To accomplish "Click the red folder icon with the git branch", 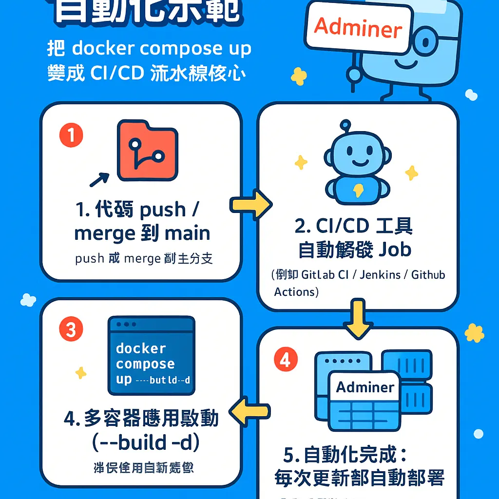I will [x=147, y=151].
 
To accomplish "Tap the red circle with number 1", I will [x=71, y=135].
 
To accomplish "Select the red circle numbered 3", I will [x=71, y=330].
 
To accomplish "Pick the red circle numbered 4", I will [x=285, y=360].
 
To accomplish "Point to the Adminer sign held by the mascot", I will [x=358, y=28].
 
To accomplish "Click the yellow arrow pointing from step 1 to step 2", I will [x=250, y=205].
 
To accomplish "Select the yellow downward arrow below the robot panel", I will [x=358, y=319].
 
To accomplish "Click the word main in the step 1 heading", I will [x=187, y=233].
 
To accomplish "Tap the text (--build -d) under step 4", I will [x=142, y=442].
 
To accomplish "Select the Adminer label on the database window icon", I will [x=365, y=387].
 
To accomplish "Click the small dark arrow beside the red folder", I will [x=99, y=179].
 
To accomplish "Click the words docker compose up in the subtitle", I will [x=162, y=48].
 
